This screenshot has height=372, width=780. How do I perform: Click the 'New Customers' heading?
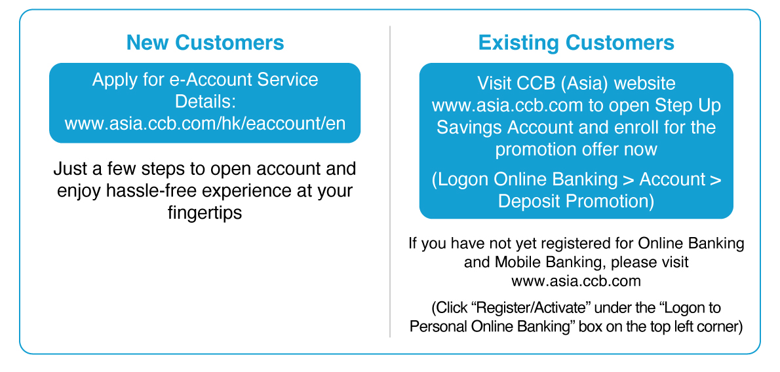(205, 43)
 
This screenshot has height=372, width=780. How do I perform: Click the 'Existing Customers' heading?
(576, 43)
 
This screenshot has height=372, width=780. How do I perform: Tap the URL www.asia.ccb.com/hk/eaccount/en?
(205, 123)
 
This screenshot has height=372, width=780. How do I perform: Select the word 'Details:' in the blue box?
(205, 101)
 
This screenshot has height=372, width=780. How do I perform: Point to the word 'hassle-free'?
(151, 191)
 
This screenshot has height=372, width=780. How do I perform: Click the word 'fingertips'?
(205, 212)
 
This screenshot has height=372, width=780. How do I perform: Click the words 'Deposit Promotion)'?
(576, 202)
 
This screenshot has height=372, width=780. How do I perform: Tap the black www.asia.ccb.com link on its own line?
(576, 281)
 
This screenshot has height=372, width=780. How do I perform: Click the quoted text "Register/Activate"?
(530, 308)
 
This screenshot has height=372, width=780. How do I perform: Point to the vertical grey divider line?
(390, 181)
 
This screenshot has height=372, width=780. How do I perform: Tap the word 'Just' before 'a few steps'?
(69, 168)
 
